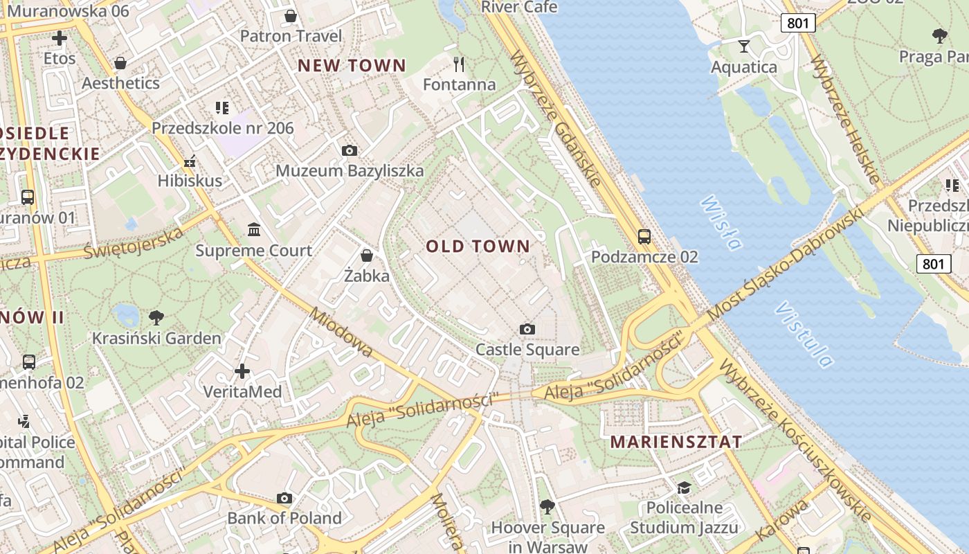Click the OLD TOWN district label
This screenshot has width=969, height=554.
(x=478, y=246)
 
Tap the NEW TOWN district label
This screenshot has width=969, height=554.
(x=352, y=66)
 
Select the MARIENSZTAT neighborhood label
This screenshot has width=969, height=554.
(x=676, y=442)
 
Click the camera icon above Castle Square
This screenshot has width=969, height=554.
(x=527, y=329)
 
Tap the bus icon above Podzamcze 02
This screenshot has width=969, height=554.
(x=644, y=237)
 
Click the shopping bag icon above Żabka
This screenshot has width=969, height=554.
(x=367, y=256)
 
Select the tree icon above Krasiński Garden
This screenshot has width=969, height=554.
(x=156, y=318)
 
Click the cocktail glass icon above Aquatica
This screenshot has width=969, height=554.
(x=744, y=46)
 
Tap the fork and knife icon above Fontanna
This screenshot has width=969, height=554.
(x=459, y=64)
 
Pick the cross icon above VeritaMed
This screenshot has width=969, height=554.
(x=242, y=371)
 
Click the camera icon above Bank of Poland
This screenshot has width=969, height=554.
(x=284, y=498)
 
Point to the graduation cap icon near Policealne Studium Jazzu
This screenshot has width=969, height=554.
(x=684, y=488)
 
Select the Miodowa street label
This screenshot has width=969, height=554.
(x=342, y=332)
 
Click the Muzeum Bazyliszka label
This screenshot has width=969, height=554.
(x=350, y=170)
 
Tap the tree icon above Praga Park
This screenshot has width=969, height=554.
(x=939, y=36)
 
